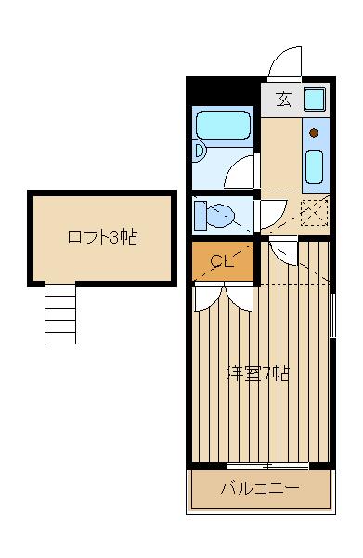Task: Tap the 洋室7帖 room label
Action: point(258,375)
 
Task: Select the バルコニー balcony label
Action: point(260,488)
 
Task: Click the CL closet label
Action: point(221,260)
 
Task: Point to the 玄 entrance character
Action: point(283,100)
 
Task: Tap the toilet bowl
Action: point(221,217)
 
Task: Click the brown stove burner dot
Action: point(314,133)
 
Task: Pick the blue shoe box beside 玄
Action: point(314,100)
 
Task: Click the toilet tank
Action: point(201,217)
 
